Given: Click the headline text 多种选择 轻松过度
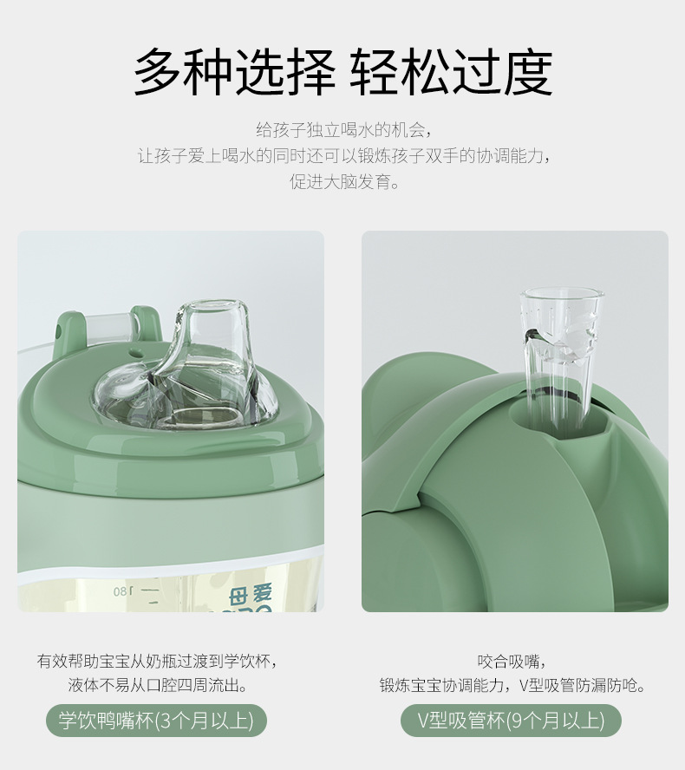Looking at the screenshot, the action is pos(343,72).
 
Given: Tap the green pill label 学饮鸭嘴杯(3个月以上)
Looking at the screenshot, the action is pos(156,721).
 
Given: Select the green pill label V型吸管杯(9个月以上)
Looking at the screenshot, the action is pos(511,721).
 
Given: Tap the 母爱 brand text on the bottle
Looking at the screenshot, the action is pos(251,595).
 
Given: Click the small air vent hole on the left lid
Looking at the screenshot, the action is pos(136,352).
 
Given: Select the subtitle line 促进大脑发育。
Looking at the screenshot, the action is pos(345,182).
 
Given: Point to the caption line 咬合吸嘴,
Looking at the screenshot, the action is pos(512,662).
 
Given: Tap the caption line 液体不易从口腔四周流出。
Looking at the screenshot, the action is pos(157,685).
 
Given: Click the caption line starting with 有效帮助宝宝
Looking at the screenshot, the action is pos(157,662).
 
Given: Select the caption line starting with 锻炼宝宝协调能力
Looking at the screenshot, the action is pos(512,685).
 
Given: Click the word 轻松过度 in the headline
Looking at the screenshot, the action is pos(451,72).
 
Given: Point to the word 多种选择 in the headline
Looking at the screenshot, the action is pos(235,72).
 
